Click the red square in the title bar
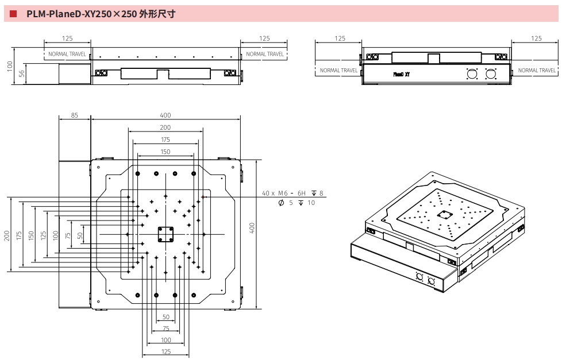13,14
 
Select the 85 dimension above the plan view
75,115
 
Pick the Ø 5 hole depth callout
297,203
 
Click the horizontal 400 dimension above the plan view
165,115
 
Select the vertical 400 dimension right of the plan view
252,228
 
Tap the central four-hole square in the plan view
165,234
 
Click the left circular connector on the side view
472,74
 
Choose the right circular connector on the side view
490,74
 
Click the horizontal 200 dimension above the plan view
165,127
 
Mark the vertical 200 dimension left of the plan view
7,235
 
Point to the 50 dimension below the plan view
165,317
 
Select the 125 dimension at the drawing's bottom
165,351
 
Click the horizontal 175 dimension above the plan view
165,140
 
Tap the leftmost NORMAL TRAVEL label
67,54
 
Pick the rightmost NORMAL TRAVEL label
537,71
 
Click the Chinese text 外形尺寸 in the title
156,14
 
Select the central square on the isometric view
444,215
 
